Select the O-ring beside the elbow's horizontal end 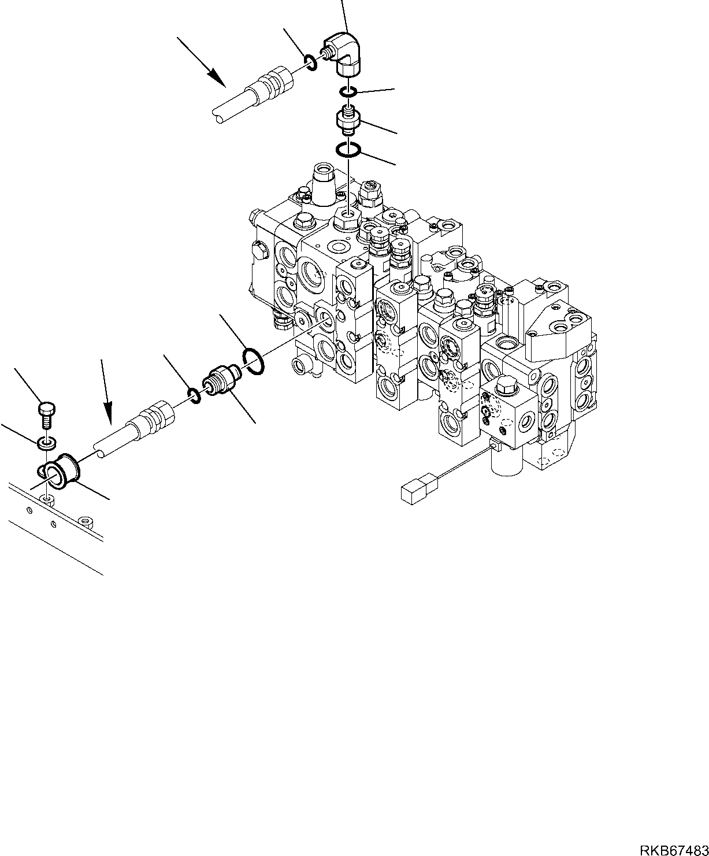pos(310,61)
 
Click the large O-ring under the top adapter pos(348,150)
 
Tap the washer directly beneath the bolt pos(46,443)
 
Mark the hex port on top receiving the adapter pos(348,217)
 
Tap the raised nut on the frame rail pos(85,522)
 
